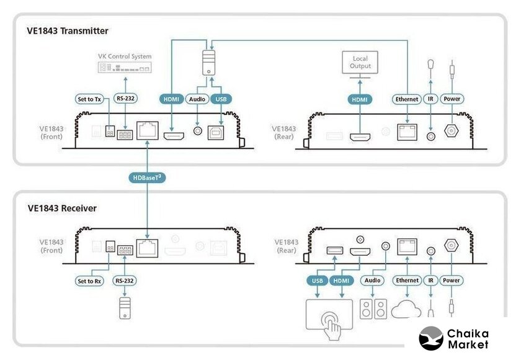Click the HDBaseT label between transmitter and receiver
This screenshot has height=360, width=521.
pos(148,178)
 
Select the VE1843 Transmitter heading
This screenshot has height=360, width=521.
pos(68,30)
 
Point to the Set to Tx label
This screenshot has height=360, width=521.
pos(89,99)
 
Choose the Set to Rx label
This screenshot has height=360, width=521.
pos(89,281)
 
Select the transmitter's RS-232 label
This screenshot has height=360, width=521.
pos(126,99)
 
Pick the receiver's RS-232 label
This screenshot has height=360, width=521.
pos(125,281)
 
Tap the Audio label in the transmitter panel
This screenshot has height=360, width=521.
pos(198,99)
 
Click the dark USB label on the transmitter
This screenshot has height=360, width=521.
pos(221,99)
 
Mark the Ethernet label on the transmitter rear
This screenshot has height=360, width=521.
pos(407,99)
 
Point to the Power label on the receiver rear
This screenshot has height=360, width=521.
pos(452,281)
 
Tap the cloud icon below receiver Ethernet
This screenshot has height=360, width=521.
pos(407,308)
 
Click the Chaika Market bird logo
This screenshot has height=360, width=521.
pos(431,338)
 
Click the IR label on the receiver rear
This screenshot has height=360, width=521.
pos(430,281)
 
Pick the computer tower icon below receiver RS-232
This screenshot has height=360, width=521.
pos(125,308)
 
